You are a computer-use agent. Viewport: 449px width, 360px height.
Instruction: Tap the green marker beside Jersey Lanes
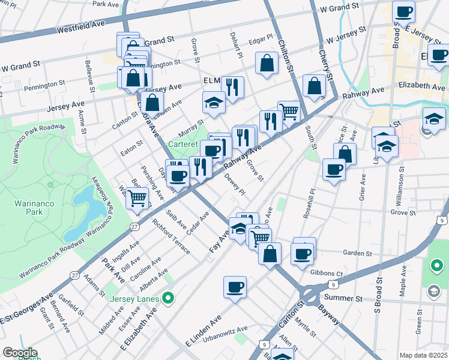click(x=169, y=298)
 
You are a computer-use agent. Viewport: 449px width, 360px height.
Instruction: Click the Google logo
click(x=20, y=353)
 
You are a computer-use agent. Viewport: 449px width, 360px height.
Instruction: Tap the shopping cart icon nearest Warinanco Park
click(x=137, y=197)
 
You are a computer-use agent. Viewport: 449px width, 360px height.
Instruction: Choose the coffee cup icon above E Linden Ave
click(x=235, y=287)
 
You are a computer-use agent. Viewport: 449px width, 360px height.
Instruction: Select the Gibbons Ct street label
click(x=330, y=274)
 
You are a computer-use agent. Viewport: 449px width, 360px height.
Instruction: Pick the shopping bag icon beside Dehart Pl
click(x=267, y=63)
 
